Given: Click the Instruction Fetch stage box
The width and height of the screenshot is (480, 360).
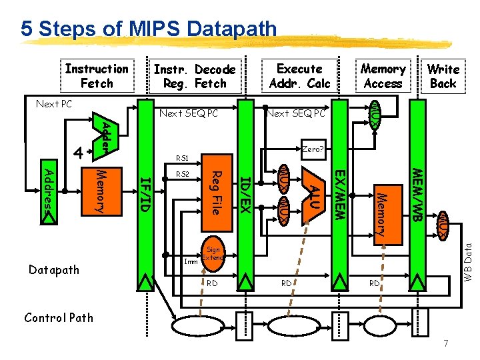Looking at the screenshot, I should click(x=97, y=76).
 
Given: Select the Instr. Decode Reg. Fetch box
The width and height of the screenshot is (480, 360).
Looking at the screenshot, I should click(x=194, y=77).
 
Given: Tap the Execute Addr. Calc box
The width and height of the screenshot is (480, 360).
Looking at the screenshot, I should click(x=299, y=76).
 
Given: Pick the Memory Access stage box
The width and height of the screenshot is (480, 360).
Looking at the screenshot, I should click(x=383, y=76).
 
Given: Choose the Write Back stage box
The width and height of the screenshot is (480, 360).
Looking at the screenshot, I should click(x=443, y=76).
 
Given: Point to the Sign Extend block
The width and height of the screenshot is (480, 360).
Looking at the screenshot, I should click(x=213, y=253).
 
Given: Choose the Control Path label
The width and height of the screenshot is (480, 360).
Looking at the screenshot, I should click(x=59, y=317).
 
